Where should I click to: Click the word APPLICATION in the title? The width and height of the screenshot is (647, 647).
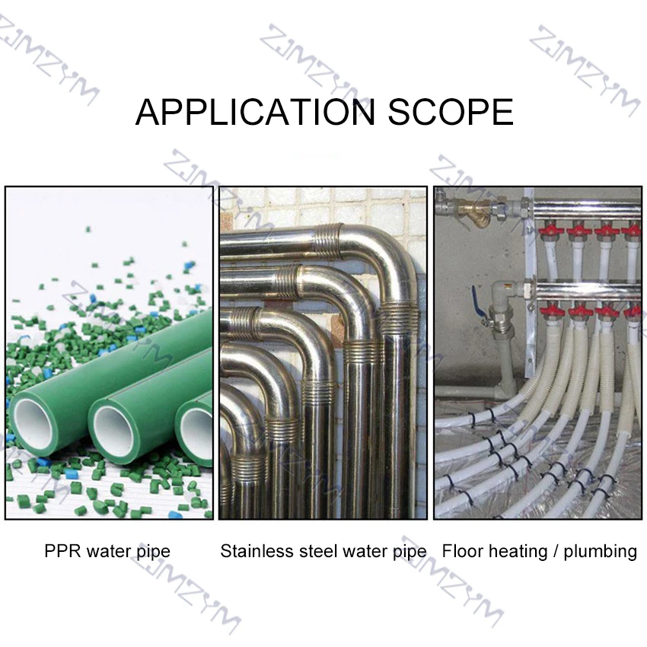point(256,112)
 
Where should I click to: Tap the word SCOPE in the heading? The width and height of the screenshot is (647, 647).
point(451,112)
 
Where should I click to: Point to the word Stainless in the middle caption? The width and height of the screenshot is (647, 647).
point(252,550)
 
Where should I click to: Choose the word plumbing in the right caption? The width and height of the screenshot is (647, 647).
point(601,551)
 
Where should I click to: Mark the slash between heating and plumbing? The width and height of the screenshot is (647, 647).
point(559,551)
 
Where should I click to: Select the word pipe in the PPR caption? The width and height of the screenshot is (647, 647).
point(154,551)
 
